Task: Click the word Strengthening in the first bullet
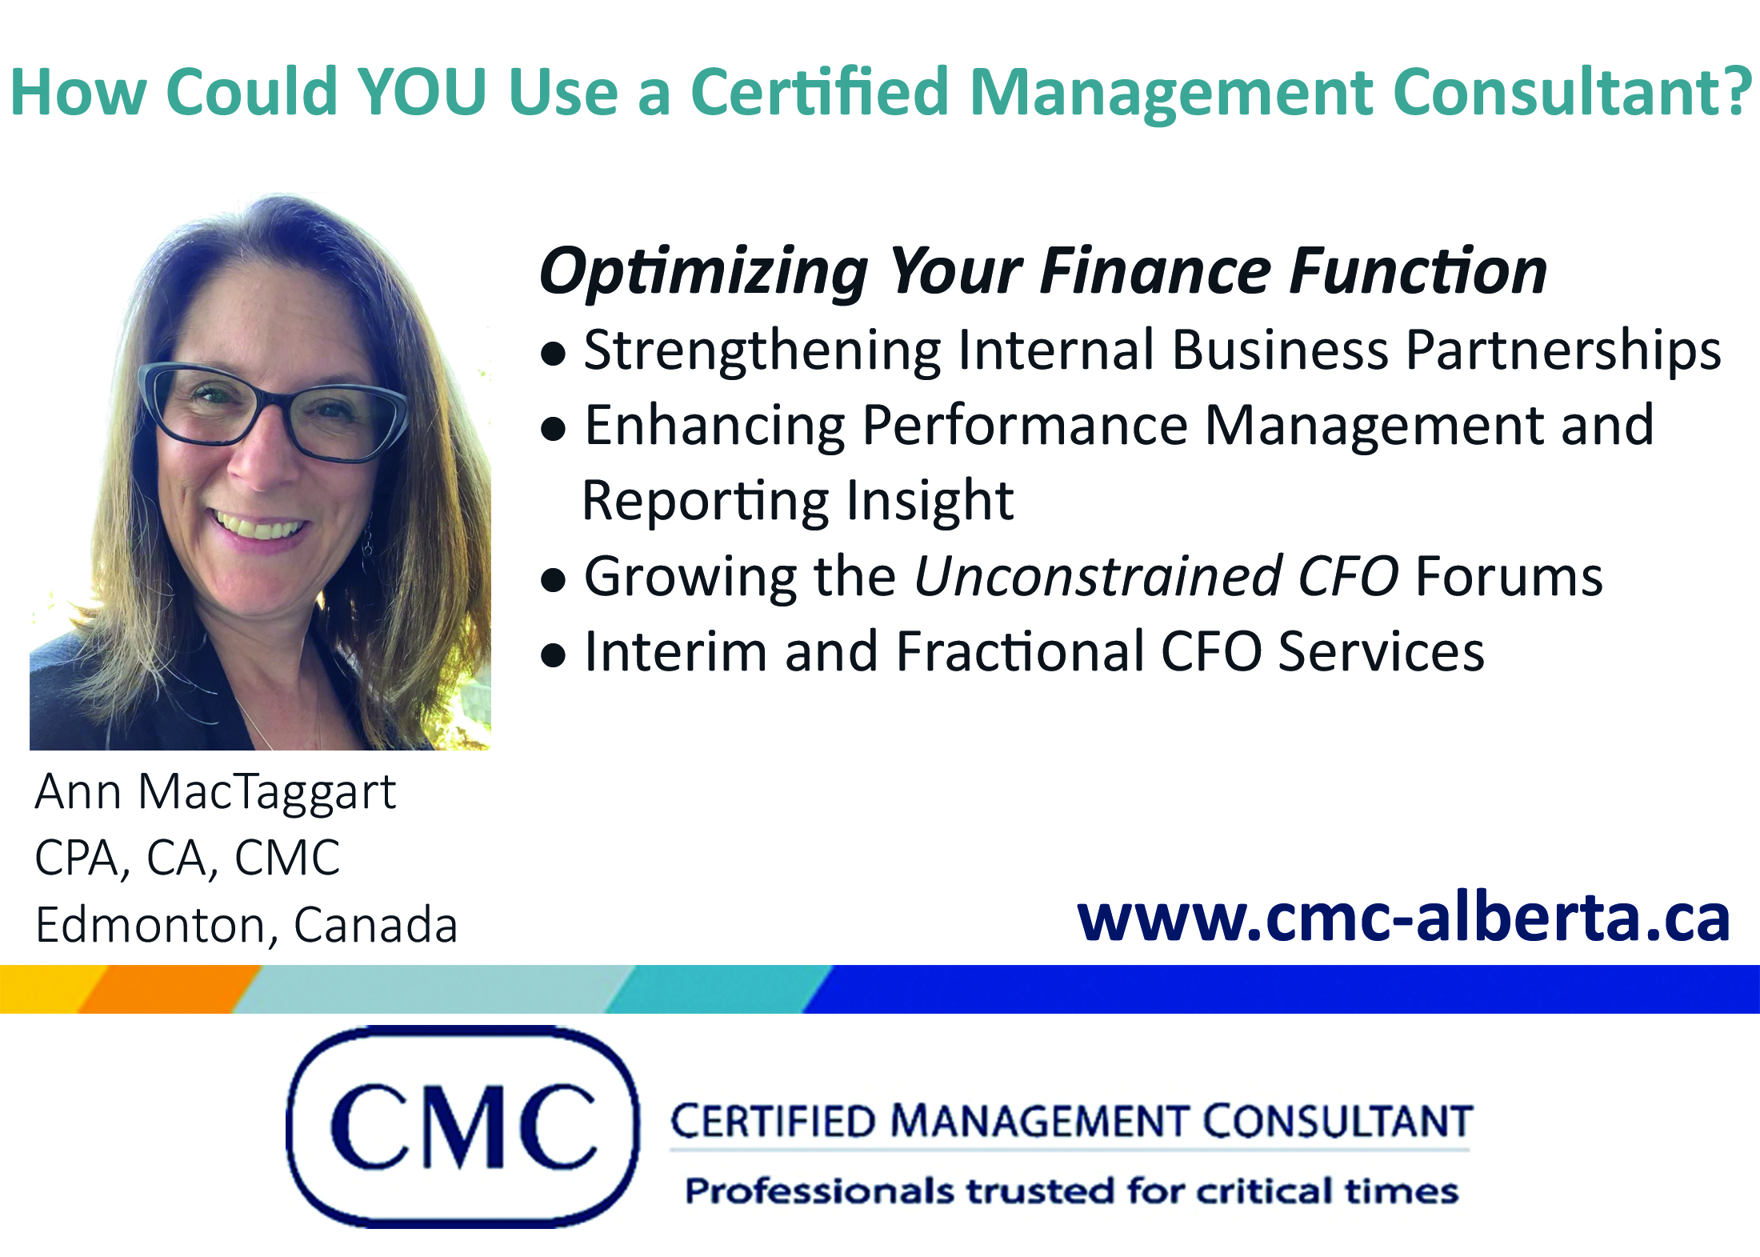[762, 351]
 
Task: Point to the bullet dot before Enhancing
[553, 430]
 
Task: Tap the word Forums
[1509, 576]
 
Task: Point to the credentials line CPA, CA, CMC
[187, 859]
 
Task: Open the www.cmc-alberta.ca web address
[1404, 919]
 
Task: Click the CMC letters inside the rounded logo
[463, 1127]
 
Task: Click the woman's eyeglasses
[272, 412]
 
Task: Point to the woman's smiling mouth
[258, 526]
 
